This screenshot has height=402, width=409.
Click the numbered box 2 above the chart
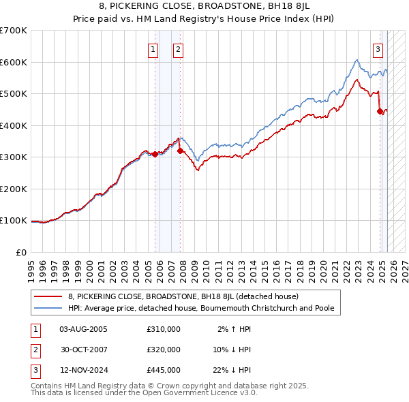[x=178, y=48]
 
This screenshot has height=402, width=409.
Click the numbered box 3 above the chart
[x=378, y=48]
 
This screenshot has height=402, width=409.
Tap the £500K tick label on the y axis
[x=14, y=94]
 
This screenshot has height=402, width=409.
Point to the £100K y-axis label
[x=14, y=221]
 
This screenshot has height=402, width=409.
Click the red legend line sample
[x=48, y=296]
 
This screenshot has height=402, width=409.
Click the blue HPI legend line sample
[x=48, y=308]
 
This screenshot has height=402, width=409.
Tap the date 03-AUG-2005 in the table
[x=83, y=329]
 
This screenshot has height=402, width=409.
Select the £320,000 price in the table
[x=164, y=350]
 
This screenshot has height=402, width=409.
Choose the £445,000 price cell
[x=164, y=370]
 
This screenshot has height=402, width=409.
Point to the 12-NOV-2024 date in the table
[x=83, y=370]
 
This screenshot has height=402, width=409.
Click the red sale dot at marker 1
[x=155, y=154]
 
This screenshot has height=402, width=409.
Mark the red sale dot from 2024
[x=380, y=112]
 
